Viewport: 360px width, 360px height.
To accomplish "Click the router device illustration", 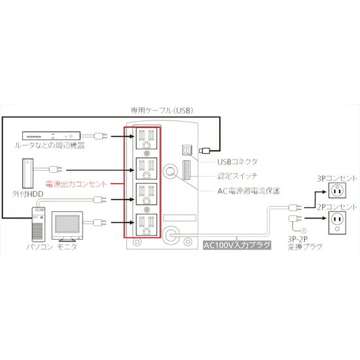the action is [x=52, y=135].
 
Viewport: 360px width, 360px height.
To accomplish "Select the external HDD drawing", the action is [x=27, y=173].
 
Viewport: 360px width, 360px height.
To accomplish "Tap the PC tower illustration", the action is [x=39, y=224].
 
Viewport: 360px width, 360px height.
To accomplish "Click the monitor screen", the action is [x=67, y=225].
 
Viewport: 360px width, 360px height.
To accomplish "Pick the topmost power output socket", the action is [x=147, y=139].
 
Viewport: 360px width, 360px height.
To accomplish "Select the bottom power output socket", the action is [x=147, y=225].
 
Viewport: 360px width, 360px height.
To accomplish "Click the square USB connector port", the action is [x=188, y=151].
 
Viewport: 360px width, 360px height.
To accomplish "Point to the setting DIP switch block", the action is [x=187, y=170].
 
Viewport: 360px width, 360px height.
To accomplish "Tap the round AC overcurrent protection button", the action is [x=170, y=171].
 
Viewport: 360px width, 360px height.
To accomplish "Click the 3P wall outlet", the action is [x=337, y=190].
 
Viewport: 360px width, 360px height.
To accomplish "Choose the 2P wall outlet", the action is [x=337, y=223].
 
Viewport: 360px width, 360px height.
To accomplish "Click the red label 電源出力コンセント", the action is [x=77, y=184].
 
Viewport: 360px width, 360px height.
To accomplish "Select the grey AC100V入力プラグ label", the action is [x=237, y=245].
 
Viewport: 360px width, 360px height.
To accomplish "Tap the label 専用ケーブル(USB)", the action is [x=162, y=111].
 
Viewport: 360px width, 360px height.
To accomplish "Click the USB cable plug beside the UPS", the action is [x=205, y=151].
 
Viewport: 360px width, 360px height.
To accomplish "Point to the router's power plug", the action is [x=101, y=136].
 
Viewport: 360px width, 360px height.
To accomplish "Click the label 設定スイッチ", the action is [x=238, y=176].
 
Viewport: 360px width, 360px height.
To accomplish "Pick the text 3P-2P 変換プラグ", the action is [x=305, y=243].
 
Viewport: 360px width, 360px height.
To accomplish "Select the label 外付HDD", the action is [x=27, y=194].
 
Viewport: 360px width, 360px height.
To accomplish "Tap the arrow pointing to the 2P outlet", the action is [x=315, y=218].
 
